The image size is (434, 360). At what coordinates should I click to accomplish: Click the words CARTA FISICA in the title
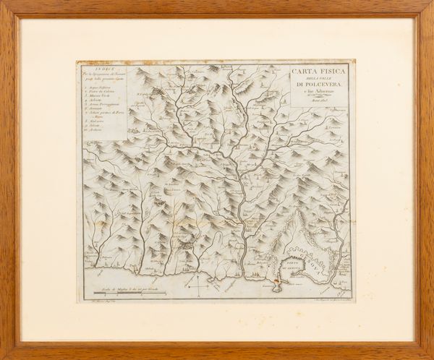[x=318, y=72]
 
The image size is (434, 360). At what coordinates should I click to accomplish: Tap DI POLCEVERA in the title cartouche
[x=318, y=88]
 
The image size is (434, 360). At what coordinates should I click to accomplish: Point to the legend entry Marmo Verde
[x=100, y=95]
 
